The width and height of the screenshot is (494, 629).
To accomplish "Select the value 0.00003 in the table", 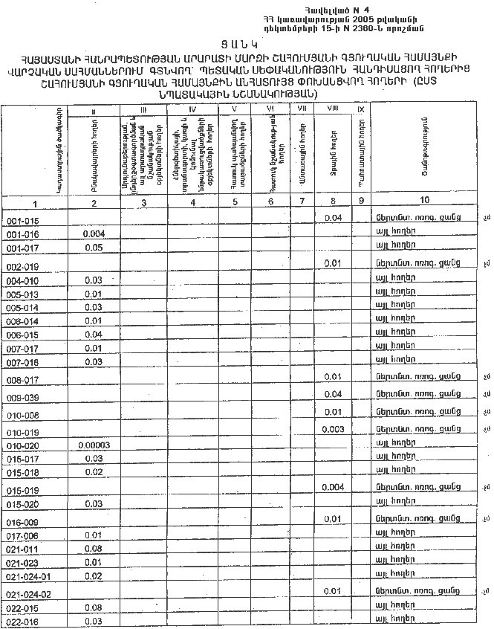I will tap(94, 444).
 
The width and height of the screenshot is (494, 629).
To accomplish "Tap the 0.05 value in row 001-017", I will tap(93, 248).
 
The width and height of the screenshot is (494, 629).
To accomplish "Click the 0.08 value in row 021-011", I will tap(93, 548).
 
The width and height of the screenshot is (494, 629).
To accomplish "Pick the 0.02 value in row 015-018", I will tap(93, 472).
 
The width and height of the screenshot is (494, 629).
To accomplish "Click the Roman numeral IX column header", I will tap(360, 109).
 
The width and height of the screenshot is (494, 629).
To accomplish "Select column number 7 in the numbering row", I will tap(302, 202).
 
